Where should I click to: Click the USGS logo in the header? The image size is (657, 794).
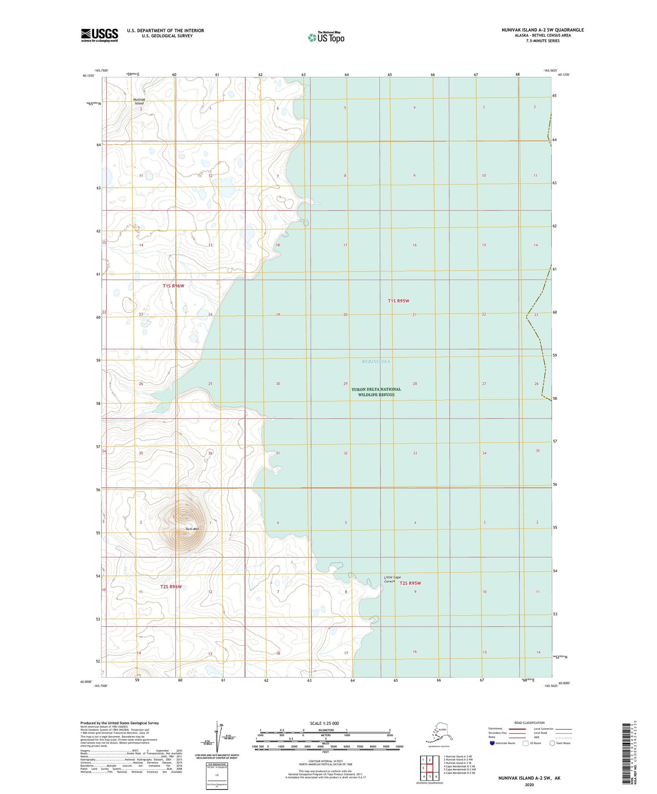[99, 35]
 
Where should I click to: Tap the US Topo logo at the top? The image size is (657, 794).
[326, 37]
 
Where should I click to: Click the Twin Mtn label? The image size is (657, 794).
[192, 529]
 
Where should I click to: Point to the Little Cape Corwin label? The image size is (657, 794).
[392, 579]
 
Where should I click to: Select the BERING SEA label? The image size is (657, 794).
[376, 362]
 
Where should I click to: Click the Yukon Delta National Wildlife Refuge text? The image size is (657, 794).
[376, 392]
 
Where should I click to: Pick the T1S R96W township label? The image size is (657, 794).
[173, 286]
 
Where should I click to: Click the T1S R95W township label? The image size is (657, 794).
[398, 301]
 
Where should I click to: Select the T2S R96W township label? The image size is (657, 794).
[171, 587]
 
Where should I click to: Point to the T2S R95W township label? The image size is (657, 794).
[410, 583]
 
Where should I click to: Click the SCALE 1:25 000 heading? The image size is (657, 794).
[325, 723]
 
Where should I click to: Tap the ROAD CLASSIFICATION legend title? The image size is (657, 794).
[529, 723]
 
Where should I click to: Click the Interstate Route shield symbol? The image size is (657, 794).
[492, 743]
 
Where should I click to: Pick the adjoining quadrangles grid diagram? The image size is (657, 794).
[429, 767]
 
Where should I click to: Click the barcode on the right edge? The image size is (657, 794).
[628, 756]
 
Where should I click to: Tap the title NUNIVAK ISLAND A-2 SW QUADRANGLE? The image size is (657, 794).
[542, 30]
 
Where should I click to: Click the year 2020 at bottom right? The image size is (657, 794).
[529, 784]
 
